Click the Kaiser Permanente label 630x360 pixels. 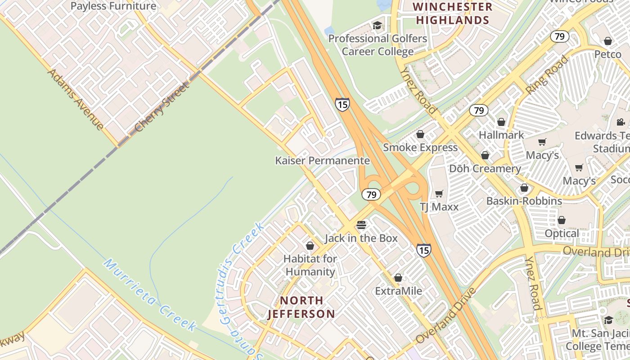pyautogui.click(x=322, y=161)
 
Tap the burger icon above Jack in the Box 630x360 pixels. pyautogui.click(x=361, y=225)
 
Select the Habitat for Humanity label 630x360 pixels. pyautogui.click(x=310, y=265)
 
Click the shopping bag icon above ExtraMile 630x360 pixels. pyautogui.click(x=398, y=278)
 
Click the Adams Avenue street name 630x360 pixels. pyautogui.click(x=75, y=99)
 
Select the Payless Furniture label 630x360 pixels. pyautogui.click(x=113, y=6)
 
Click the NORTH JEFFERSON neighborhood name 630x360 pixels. pyautogui.click(x=301, y=307)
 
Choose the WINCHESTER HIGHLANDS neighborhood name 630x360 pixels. pyautogui.click(x=452, y=13)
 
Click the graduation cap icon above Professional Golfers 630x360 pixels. pyautogui.click(x=377, y=26)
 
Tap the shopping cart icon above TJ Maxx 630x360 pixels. pyautogui.click(x=439, y=193)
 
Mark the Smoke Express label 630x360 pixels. pyautogui.click(x=420, y=148)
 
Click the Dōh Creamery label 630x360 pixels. pyautogui.click(x=485, y=169)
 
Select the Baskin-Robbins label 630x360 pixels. pyautogui.click(x=524, y=201)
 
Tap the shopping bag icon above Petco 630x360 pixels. pyautogui.click(x=607, y=41)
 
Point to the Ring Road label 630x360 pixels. pyautogui.click(x=547, y=75)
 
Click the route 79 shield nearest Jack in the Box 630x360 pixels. pyautogui.click(x=371, y=195)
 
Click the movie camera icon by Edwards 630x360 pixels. pyautogui.click(x=621, y=122)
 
